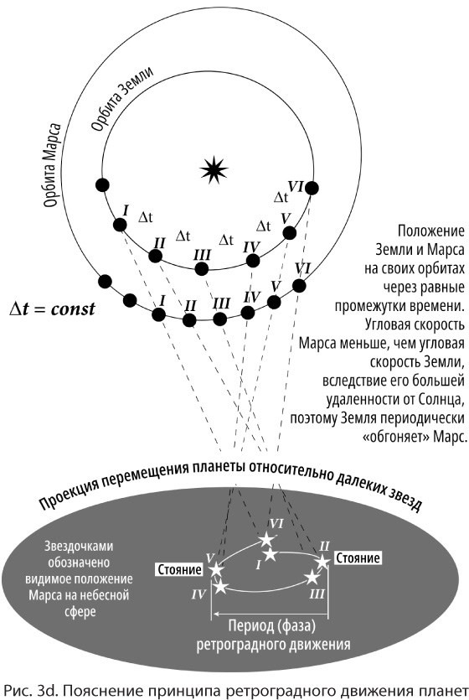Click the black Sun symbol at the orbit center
tap(214, 169)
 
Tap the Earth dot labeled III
tap(202, 269)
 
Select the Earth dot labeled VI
tap(312, 189)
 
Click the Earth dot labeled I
tap(120, 225)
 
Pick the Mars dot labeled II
tap(189, 320)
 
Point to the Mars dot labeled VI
tap(299, 286)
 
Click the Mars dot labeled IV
tap(248, 313)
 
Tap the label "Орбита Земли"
tap(121, 99)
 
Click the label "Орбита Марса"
tap(53, 166)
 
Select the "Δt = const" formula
tap(52, 309)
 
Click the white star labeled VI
tap(266, 539)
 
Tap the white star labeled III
tap(312, 578)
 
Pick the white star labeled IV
tap(220, 587)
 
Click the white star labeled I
tap(270, 555)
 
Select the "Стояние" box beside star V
tap(179, 570)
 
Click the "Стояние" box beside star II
tap(358, 558)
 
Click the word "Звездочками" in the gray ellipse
tap(79, 547)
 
